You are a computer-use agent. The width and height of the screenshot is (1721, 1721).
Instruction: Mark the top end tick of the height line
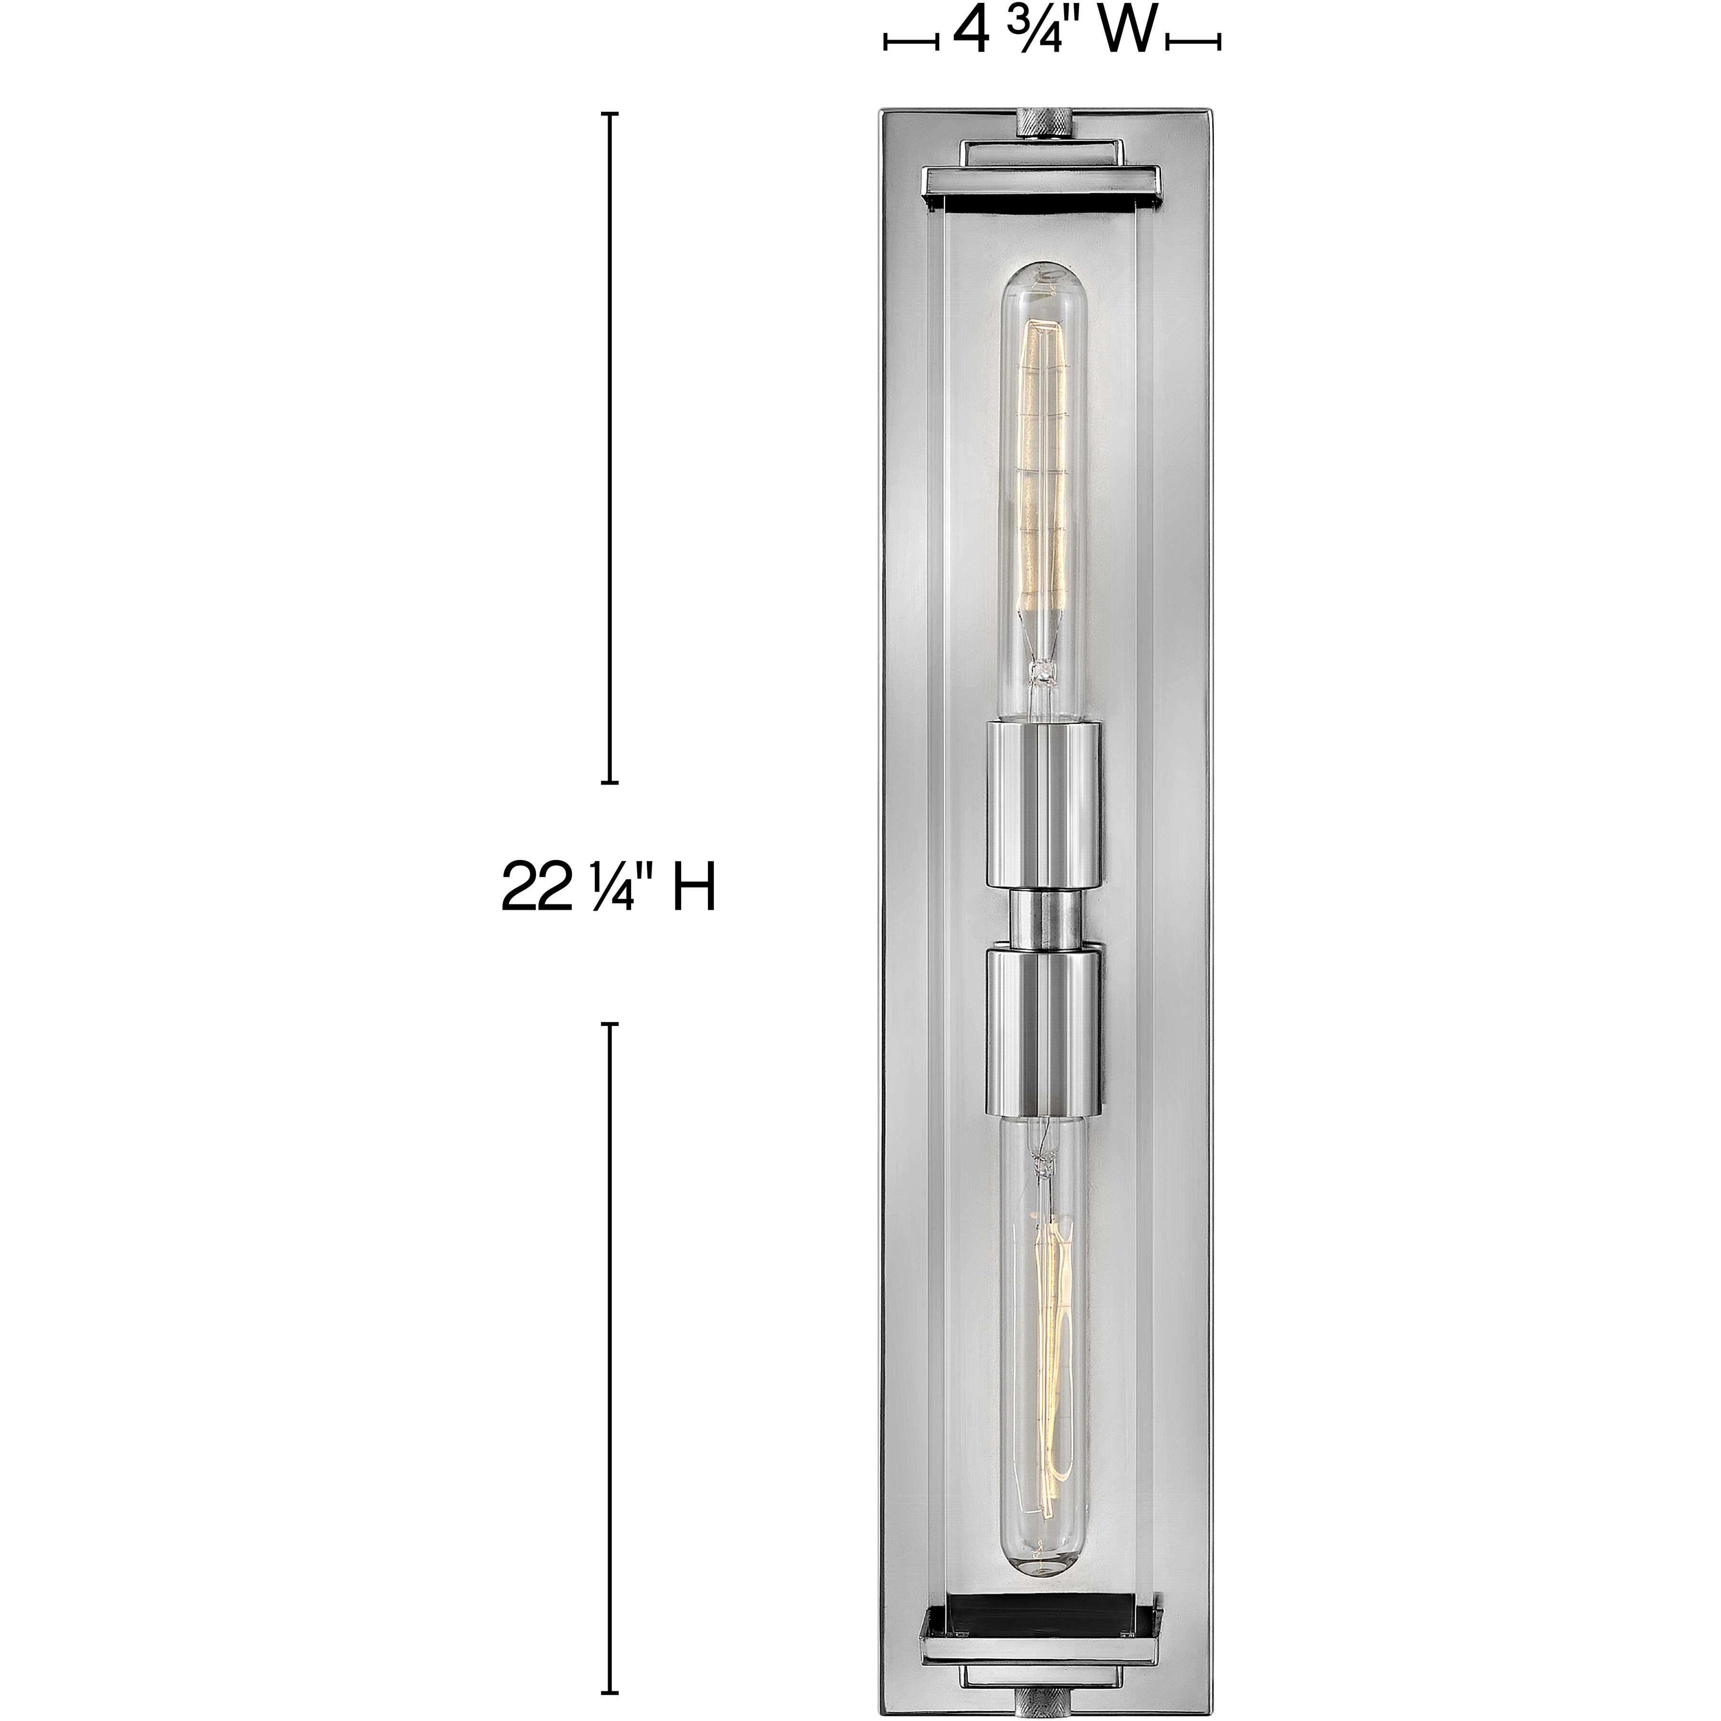(x=610, y=114)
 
